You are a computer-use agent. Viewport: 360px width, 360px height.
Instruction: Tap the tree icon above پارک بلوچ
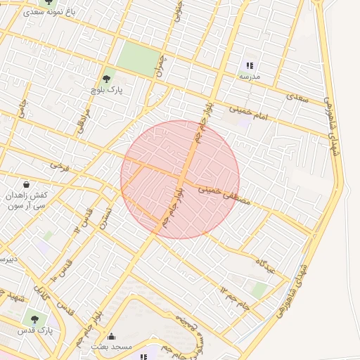tap(106, 79)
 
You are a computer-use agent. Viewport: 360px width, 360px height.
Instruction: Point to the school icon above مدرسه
tap(250, 65)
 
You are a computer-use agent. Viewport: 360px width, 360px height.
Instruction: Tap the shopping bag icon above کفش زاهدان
tap(27, 184)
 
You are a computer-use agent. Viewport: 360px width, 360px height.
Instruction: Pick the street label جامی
tap(22, 112)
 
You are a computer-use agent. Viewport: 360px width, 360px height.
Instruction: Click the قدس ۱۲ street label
tap(83, 220)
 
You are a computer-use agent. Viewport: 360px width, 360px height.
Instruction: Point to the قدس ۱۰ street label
tap(62, 270)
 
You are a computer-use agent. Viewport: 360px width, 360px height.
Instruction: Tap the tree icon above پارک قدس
tap(35, 319)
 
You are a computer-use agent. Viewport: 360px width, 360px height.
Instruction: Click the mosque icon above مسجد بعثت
tap(111, 336)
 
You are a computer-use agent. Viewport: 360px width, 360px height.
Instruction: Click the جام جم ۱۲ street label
tap(234, 295)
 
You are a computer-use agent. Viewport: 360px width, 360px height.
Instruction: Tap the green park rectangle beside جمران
tap(139, 58)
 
